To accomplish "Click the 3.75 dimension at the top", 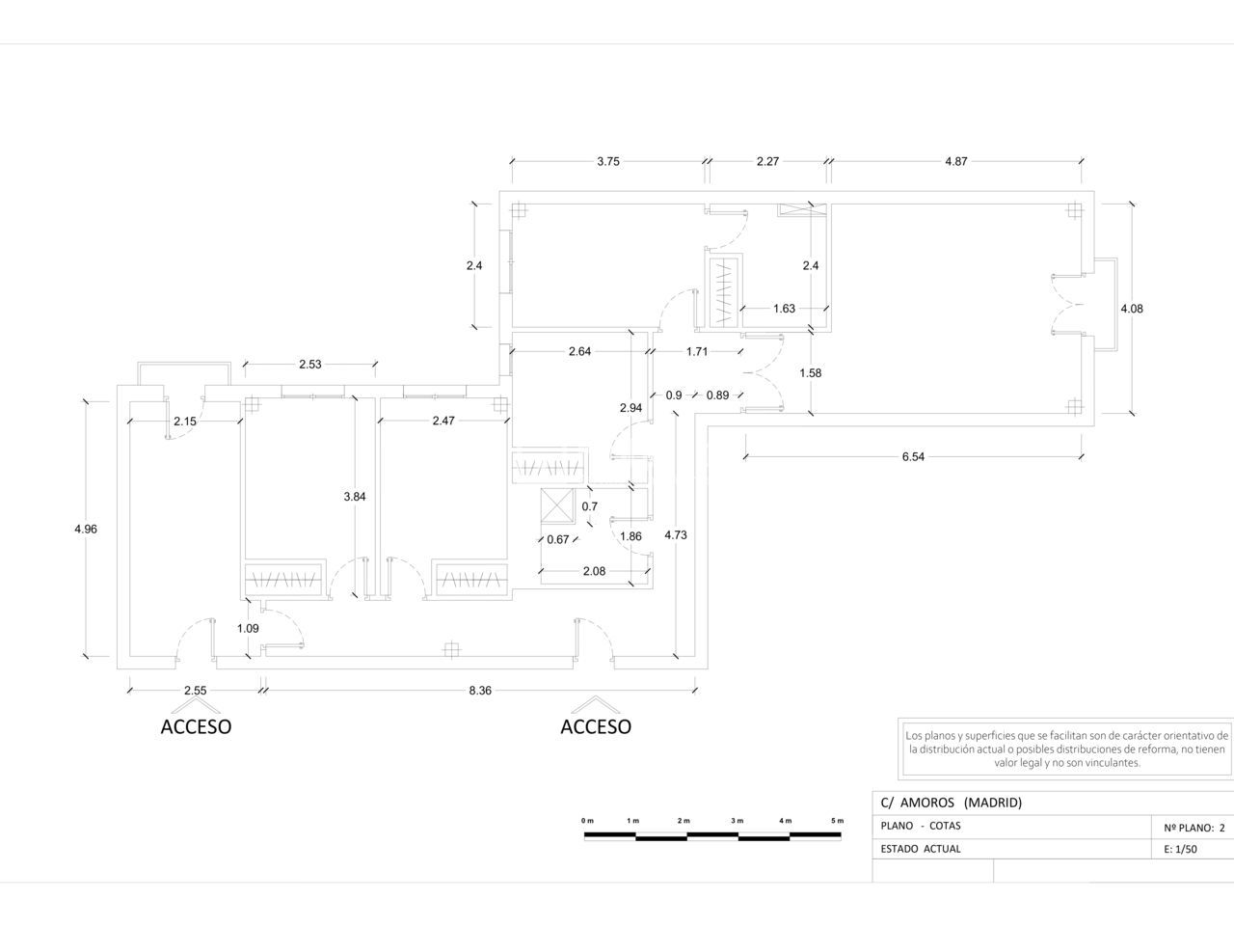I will (607, 162).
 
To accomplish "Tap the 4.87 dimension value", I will (955, 162).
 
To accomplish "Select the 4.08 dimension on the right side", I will (1131, 309).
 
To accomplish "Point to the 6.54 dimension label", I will (913, 457).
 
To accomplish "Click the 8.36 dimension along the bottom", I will (479, 691).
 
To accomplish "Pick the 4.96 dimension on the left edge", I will (86, 529).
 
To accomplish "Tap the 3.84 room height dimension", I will (355, 497).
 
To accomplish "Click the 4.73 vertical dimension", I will (676, 534).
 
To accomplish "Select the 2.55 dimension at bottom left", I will (195, 691).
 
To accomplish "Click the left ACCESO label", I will (196, 726).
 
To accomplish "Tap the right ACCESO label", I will (596, 726).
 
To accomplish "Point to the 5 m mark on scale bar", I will (837, 821).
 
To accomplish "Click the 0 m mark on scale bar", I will (587, 821).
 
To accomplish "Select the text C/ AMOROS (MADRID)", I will (951, 803).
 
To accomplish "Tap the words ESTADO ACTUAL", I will (921, 850).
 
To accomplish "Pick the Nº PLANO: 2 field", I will (1194, 827).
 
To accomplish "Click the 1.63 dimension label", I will (784, 309).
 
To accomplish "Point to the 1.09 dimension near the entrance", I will (248, 629).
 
